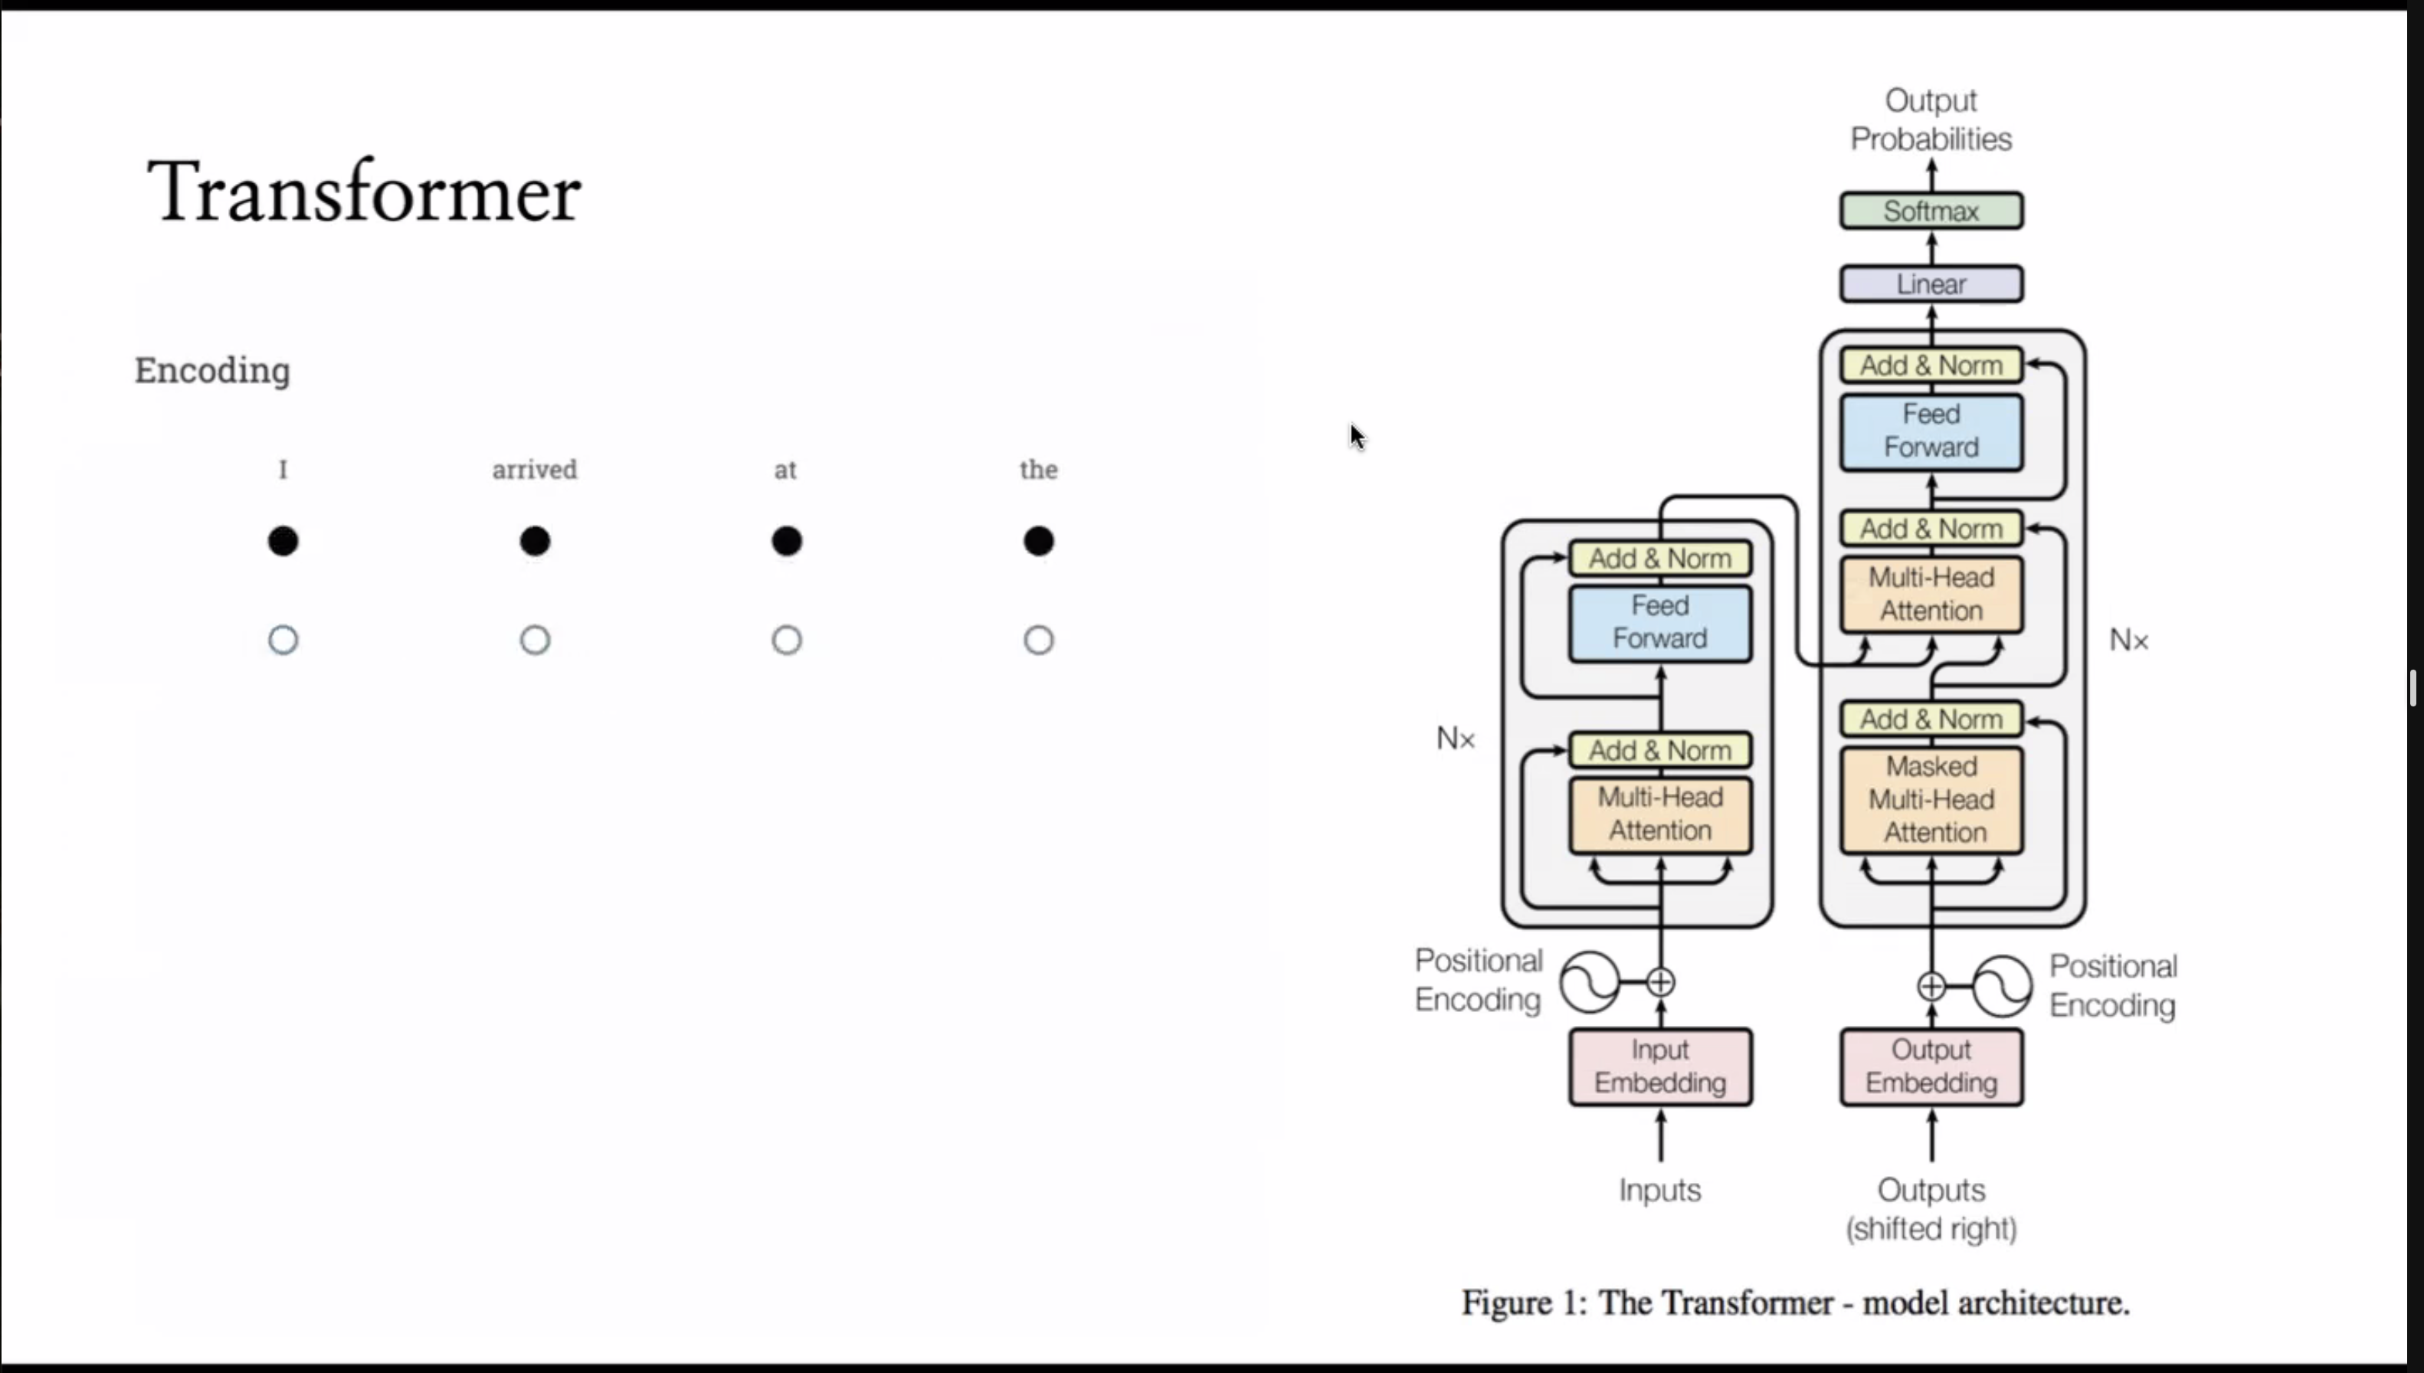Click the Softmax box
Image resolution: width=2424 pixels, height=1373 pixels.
click(1931, 210)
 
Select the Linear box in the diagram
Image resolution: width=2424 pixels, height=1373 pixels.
click(1931, 283)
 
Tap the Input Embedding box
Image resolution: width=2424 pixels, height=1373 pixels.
click(1660, 1067)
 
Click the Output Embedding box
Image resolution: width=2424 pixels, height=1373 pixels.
click(1931, 1067)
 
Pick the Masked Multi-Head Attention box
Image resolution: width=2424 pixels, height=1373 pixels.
click(1931, 800)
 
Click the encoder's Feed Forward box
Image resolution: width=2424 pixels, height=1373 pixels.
click(1660, 622)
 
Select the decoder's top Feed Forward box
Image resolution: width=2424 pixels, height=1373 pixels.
click(1931, 431)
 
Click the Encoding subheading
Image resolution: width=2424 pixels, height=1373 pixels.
click(212, 369)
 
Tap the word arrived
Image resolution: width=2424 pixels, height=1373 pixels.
click(535, 470)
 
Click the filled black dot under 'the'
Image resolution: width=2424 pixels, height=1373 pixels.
click(1038, 541)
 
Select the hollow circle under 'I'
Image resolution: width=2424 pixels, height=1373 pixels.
click(283, 641)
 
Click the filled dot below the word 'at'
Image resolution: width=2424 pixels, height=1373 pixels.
click(786, 541)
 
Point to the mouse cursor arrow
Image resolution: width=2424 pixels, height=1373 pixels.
click(1357, 437)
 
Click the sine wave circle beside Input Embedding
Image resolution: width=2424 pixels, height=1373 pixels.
click(1590, 982)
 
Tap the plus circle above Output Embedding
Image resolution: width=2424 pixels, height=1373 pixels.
click(1931, 986)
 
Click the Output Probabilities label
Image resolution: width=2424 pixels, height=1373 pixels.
click(1931, 120)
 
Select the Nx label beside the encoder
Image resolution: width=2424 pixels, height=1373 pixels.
click(1455, 739)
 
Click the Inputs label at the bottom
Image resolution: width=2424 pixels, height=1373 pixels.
click(1660, 1190)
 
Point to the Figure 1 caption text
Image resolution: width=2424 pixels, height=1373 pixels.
click(1795, 1303)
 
